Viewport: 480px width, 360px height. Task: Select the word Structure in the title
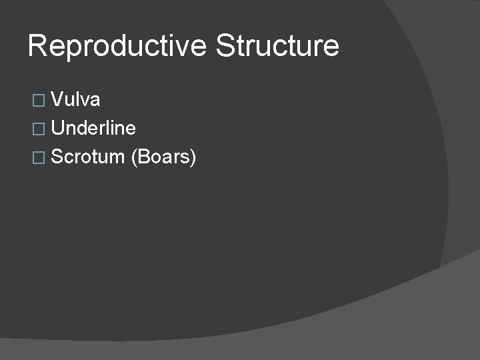coord(277,47)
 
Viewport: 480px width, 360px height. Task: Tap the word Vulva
coord(75,100)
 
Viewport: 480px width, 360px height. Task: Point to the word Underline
coord(93,129)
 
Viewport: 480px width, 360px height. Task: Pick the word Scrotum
coord(88,157)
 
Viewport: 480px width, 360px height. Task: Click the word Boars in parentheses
coord(163,157)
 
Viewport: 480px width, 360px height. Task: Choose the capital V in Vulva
coord(57,100)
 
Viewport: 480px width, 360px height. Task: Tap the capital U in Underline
coord(58,129)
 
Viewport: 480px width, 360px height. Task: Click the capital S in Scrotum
coord(57,157)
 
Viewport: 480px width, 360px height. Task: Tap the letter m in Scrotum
coord(117,159)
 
